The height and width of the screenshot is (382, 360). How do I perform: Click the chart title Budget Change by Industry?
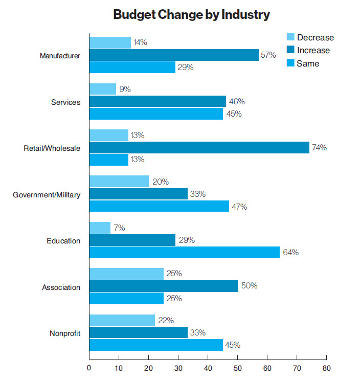point(191,15)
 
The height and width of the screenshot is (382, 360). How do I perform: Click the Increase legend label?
point(313,50)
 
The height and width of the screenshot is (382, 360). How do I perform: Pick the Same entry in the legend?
point(307,63)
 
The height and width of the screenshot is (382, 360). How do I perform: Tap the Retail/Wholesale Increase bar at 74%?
point(199,148)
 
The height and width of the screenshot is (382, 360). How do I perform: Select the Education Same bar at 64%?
point(185,252)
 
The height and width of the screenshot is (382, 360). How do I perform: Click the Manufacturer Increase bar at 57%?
point(174,55)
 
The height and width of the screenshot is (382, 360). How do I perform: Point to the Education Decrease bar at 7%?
point(100,228)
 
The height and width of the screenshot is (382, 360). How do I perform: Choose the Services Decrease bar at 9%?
point(103,89)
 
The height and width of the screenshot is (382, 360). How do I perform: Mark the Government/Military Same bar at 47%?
point(159,206)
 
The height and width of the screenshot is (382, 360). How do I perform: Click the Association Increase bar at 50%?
point(164,286)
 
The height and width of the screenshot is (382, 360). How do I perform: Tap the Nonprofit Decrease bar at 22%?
point(122,321)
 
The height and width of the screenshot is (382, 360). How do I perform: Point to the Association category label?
point(61,287)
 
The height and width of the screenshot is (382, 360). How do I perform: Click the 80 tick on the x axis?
point(326,368)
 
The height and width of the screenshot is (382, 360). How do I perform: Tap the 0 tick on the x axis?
point(89,368)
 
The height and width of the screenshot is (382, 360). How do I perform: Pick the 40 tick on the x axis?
point(208,368)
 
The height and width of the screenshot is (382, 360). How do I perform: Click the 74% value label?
point(320,148)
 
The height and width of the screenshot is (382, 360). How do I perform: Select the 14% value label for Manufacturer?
point(140,42)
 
